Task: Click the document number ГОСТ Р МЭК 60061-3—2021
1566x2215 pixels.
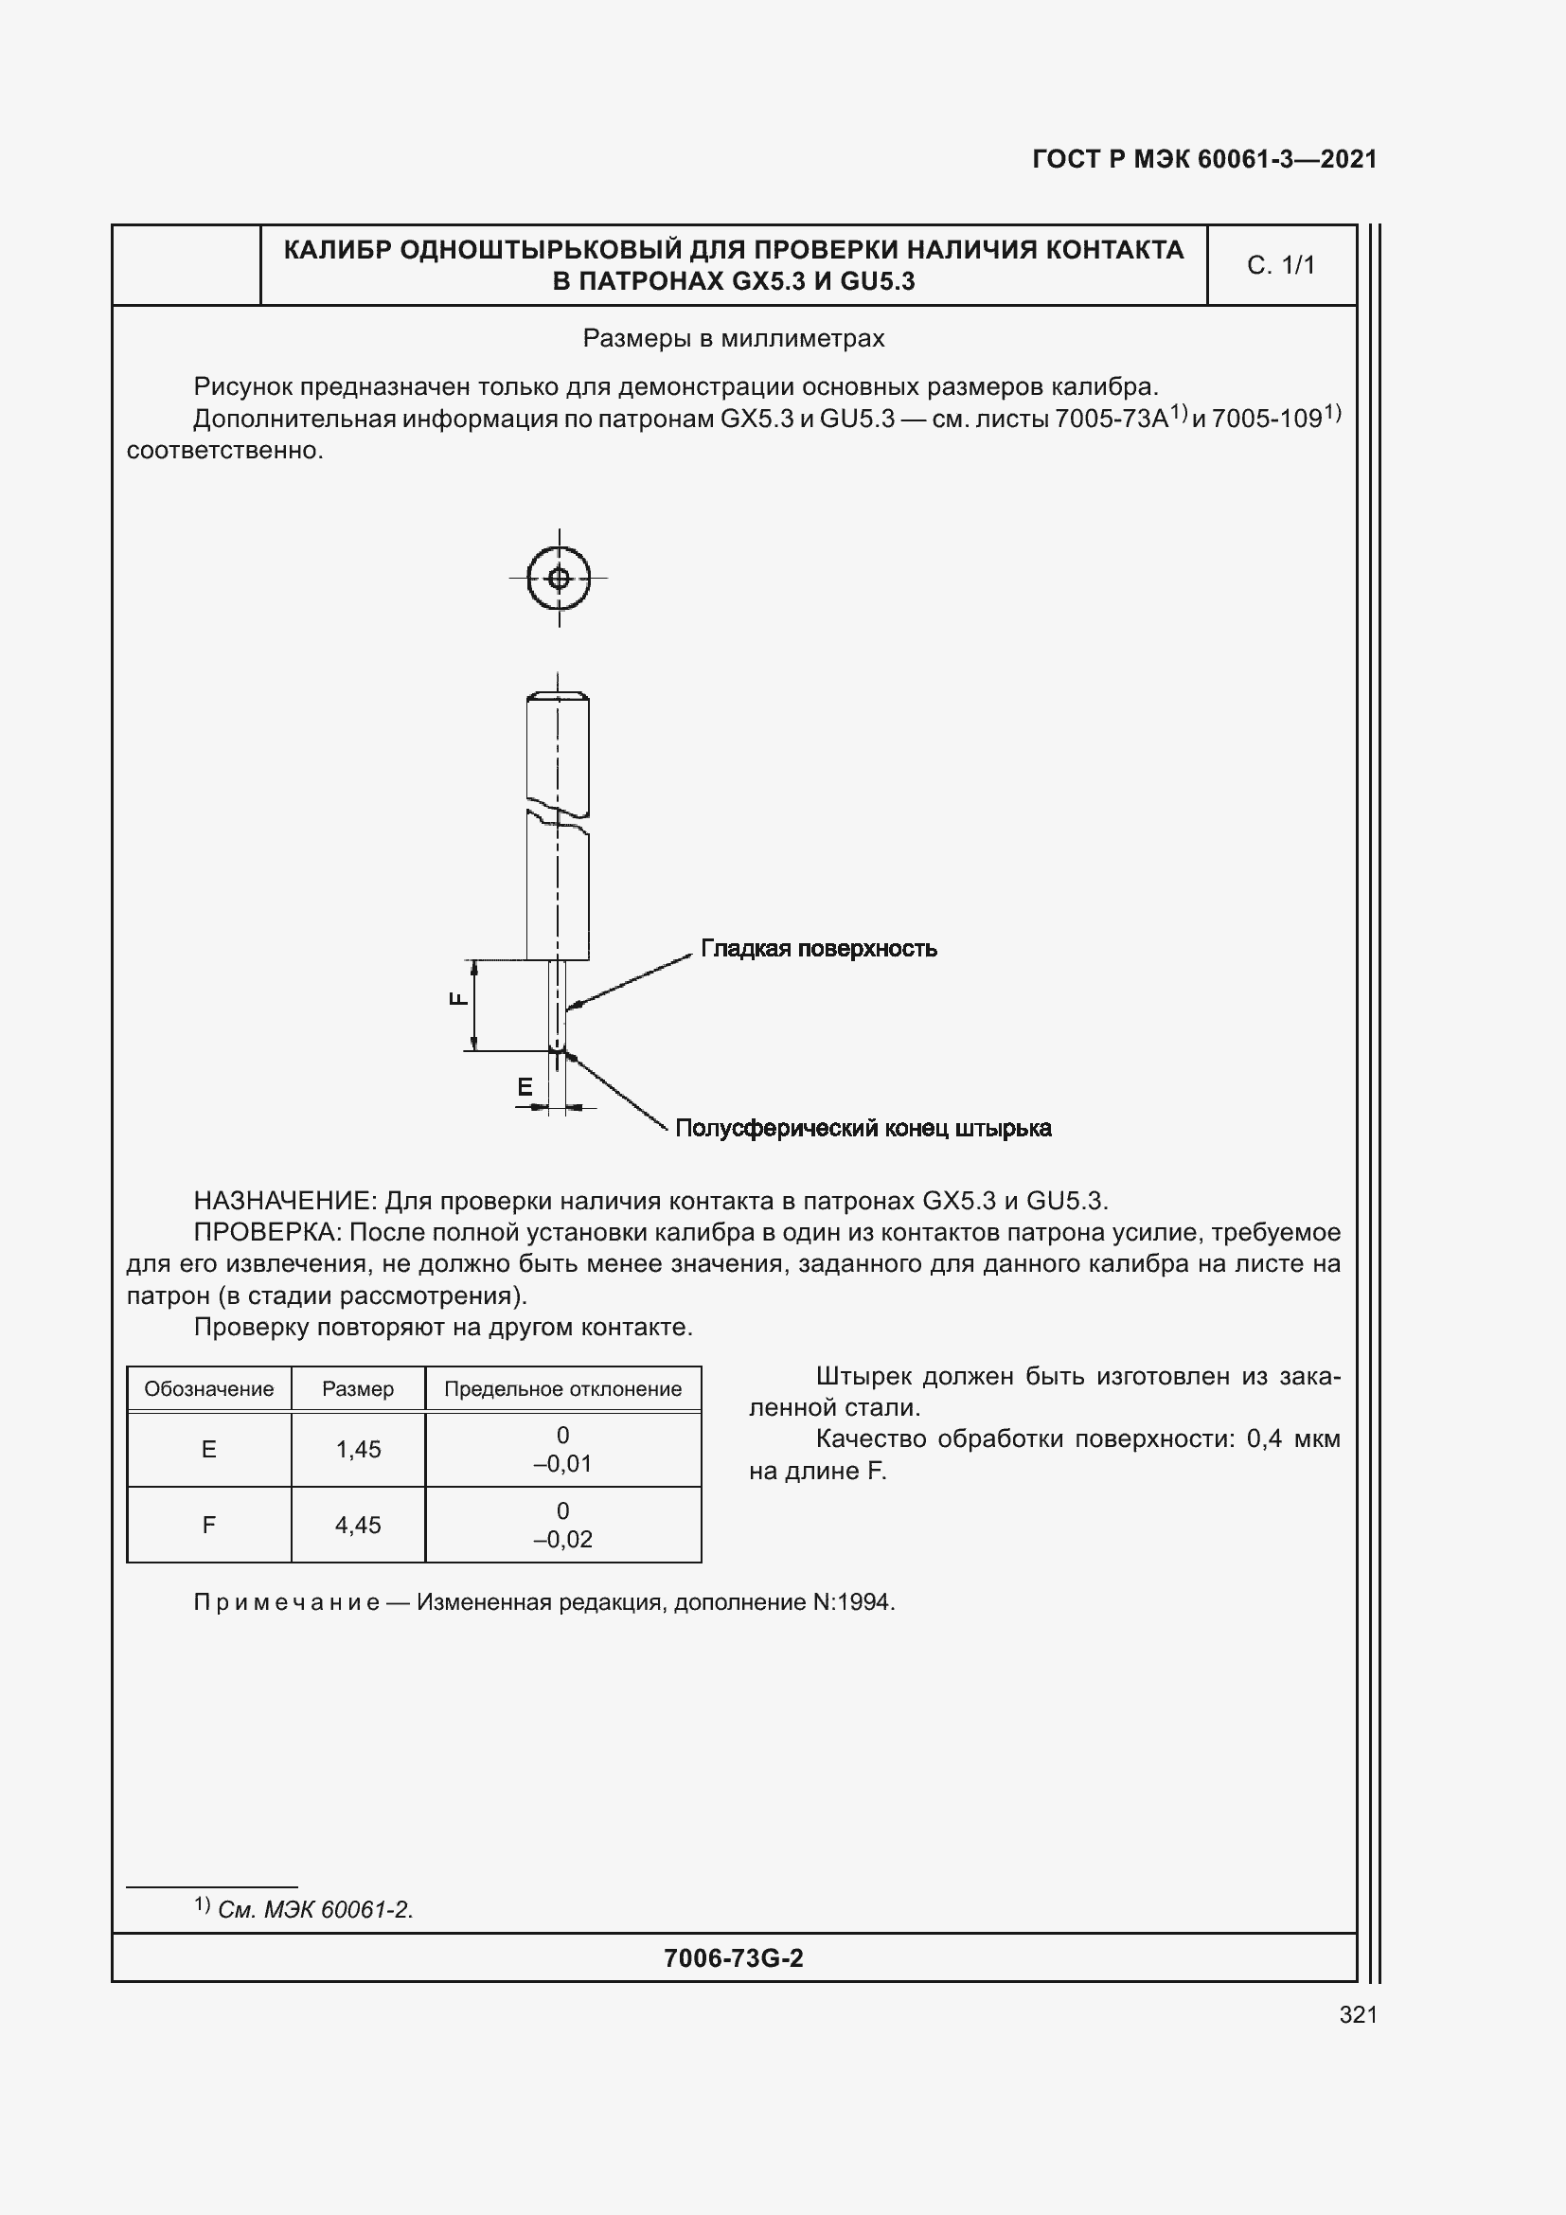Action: click(x=1203, y=159)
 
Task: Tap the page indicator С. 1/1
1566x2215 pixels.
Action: click(x=1281, y=265)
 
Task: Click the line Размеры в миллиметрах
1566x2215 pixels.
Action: click(x=733, y=339)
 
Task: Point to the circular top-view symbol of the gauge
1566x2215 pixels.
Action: click(x=559, y=579)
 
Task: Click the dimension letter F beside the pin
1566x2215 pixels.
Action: click(x=459, y=998)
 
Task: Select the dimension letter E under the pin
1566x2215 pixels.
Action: click(x=525, y=1087)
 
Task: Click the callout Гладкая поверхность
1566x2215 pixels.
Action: click(x=818, y=948)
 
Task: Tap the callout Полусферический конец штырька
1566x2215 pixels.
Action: click(x=863, y=1128)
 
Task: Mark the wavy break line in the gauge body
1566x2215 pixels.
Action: click(x=559, y=811)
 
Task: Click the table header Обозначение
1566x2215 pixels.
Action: click(x=208, y=1389)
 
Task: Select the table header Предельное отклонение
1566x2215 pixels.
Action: click(x=562, y=1389)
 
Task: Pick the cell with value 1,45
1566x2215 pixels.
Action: click(x=358, y=1449)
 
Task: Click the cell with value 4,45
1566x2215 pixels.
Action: click(x=358, y=1526)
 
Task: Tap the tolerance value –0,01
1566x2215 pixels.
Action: click(x=562, y=1463)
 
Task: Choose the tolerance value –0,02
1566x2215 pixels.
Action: click(x=562, y=1540)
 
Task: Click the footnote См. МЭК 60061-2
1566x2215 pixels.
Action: click(x=314, y=1910)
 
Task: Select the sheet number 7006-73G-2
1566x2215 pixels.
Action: click(x=733, y=1958)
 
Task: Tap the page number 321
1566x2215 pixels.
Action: click(x=1358, y=2014)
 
